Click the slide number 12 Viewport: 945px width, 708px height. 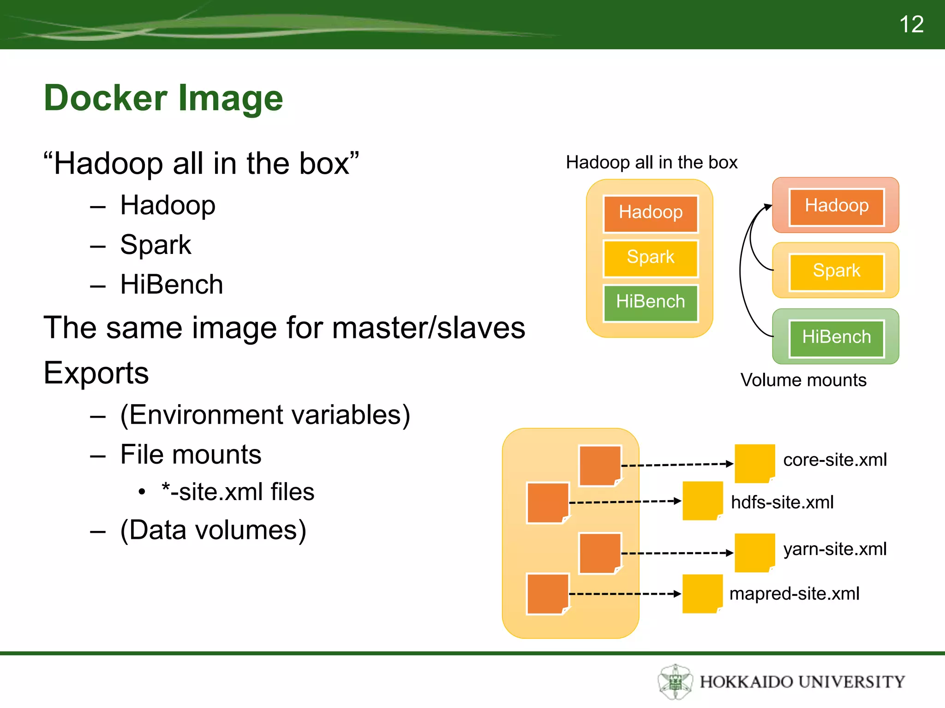[911, 24]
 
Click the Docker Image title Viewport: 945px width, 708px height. [163, 98]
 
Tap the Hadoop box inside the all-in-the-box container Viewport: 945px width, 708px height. [651, 213]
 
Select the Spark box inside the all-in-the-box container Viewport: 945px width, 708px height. [651, 257]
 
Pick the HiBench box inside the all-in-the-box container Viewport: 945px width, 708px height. [651, 302]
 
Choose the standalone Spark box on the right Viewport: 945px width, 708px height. [836, 271]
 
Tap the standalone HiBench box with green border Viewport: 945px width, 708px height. [836, 337]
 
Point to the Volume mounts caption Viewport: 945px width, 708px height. [803, 380]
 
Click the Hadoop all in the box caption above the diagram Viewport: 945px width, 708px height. [652, 162]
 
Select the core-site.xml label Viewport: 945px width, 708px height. [835, 460]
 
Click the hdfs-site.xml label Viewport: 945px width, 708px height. [782, 502]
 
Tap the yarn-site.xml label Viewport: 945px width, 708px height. [835, 549]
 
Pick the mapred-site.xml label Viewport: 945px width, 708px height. [794, 594]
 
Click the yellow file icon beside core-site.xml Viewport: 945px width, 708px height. [754, 463]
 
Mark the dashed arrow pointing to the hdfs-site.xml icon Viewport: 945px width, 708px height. [625, 501]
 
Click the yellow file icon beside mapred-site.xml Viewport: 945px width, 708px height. [702, 594]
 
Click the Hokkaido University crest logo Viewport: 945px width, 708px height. [675, 681]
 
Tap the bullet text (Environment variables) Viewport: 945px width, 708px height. [265, 415]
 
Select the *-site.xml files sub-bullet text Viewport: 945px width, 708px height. [238, 492]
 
